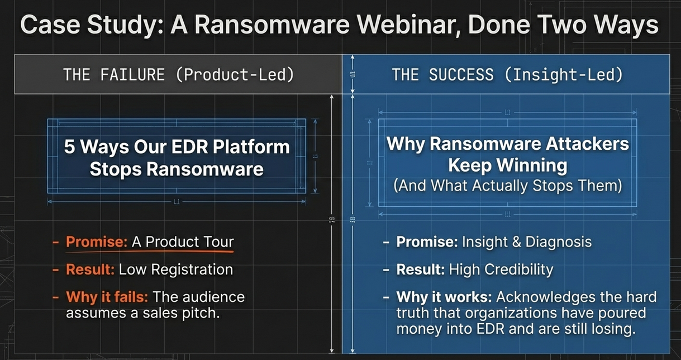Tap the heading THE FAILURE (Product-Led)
click(178, 74)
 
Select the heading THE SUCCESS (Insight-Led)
click(507, 74)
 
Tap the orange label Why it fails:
click(107, 296)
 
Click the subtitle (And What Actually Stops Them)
click(507, 186)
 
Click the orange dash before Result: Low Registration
click(55, 269)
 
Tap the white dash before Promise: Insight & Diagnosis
click(386, 243)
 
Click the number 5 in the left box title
click(70, 147)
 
